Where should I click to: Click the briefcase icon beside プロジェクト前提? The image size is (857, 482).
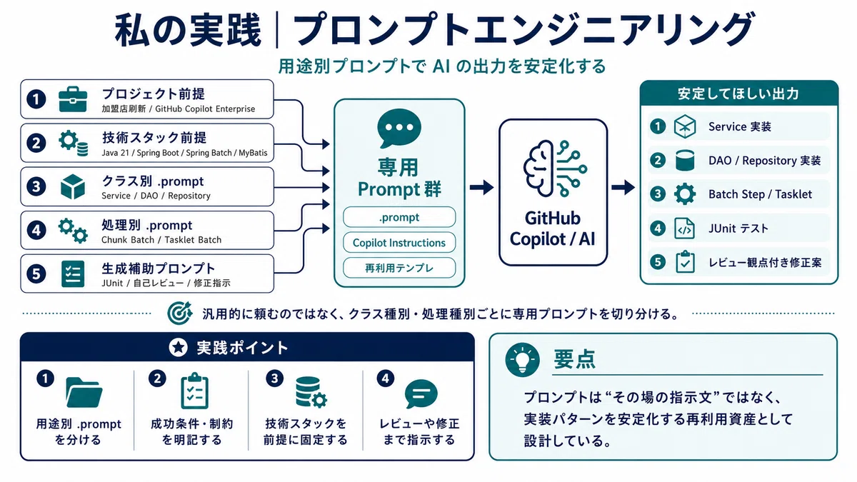pyautogui.click(x=73, y=99)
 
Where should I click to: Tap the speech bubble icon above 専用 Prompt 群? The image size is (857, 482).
pyautogui.click(x=399, y=128)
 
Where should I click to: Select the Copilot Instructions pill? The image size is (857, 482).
pyautogui.click(x=399, y=243)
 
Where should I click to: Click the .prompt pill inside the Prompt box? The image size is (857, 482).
pyautogui.click(x=399, y=217)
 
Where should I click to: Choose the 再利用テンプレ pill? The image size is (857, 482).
pyautogui.click(x=399, y=268)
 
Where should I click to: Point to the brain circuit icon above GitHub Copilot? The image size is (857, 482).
pyautogui.click(x=555, y=169)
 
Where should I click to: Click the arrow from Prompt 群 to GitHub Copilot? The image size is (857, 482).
pyautogui.click(x=481, y=187)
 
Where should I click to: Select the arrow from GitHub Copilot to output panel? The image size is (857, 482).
pyautogui.click(x=623, y=187)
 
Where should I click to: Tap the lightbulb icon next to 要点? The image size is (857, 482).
pyautogui.click(x=522, y=360)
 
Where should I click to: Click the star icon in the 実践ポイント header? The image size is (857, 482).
pyautogui.click(x=179, y=347)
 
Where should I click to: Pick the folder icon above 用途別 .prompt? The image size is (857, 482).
pyautogui.click(x=84, y=393)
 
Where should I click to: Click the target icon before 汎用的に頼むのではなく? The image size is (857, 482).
pyautogui.click(x=179, y=313)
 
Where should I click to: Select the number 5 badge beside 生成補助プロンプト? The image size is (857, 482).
pyautogui.click(x=36, y=274)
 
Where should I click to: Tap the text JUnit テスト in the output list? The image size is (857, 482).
pyautogui.click(x=738, y=229)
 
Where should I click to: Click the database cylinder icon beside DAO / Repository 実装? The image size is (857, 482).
pyautogui.click(x=684, y=160)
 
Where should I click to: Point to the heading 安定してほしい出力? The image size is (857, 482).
pyautogui.click(x=738, y=94)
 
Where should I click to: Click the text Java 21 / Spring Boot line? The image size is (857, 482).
pyautogui.click(x=184, y=153)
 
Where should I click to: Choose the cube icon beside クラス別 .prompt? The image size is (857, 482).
pyautogui.click(x=73, y=186)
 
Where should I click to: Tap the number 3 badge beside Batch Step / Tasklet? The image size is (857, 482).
pyautogui.click(x=658, y=194)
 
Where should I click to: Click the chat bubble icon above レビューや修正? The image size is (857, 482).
pyautogui.click(x=421, y=393)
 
